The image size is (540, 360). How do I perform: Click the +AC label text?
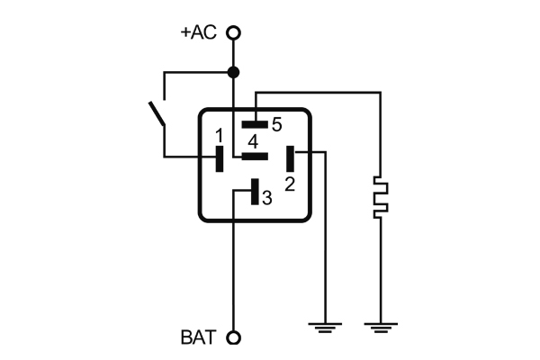pos(198,32)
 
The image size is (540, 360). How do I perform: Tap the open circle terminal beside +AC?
pos(234,33)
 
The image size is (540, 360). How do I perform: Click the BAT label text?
pos(198,338)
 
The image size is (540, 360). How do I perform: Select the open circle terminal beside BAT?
pos(234,338)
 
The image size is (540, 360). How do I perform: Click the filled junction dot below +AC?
pos(234,72)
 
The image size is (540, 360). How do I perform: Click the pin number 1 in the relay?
pos(220,135)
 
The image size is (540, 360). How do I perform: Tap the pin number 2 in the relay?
pos(290,184)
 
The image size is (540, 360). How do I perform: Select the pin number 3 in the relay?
pos(266,197)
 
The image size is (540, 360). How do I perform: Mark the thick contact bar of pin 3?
pos(255,192)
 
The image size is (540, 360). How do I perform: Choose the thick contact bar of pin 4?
pos(255,156)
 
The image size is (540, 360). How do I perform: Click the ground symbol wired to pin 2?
pos(324,325)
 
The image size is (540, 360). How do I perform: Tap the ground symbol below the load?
pos(381,325)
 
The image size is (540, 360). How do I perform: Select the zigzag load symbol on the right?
pos(381,198)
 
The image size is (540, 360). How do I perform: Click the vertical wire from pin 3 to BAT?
pos(234,270)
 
